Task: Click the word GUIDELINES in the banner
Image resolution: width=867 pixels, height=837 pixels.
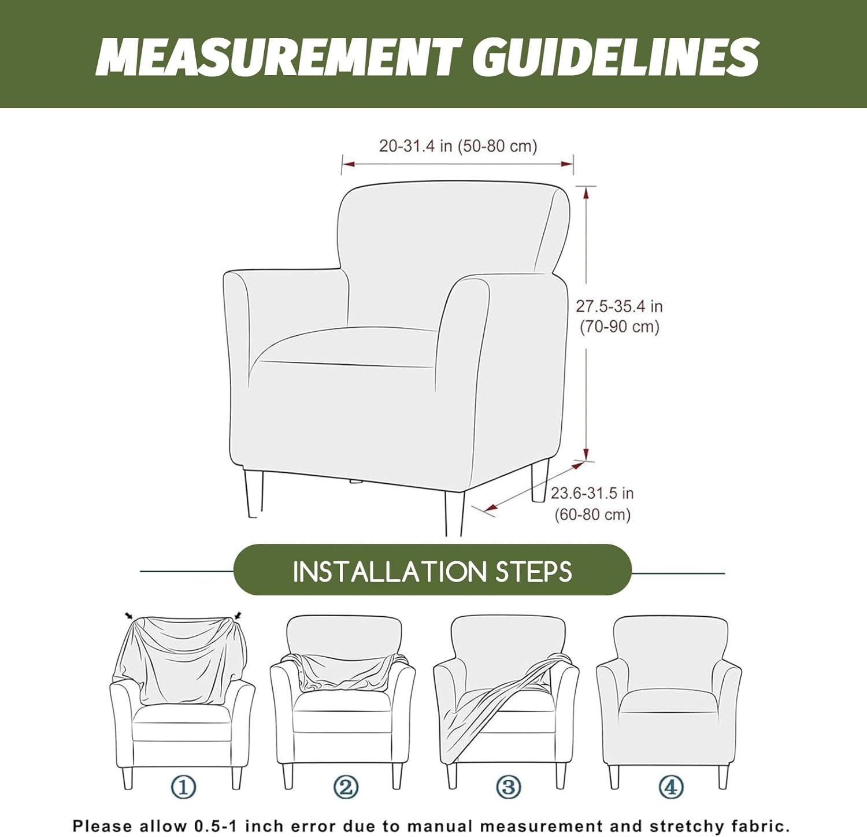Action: click(x=615, y=57)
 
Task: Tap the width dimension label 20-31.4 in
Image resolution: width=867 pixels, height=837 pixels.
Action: click(x=416, y=146)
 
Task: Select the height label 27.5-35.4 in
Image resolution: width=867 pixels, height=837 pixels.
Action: click(x=619, y=306)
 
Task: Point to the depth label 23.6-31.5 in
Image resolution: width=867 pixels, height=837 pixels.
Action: click(x=592, y=493)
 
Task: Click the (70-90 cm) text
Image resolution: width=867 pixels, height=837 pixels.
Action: click(x=620, y=327)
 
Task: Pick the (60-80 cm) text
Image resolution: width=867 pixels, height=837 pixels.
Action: click(x=592, y=514)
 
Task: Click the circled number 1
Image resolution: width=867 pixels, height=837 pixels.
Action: click(x=183, y=787)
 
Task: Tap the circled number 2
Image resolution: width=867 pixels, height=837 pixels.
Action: click(x=346, y=787)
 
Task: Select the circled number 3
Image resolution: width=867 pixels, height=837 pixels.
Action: click(x=509, y=787)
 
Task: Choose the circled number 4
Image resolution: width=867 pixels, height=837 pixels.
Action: click(x=671, y=787)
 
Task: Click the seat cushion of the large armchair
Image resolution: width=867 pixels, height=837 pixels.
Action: click(x=344, y=347)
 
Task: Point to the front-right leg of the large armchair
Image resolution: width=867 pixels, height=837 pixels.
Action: click(x=454, y=513)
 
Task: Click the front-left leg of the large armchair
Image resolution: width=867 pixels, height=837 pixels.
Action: click(x=253, y=494)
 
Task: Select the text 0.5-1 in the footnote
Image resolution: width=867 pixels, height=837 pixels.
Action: click(x=214, y=826)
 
